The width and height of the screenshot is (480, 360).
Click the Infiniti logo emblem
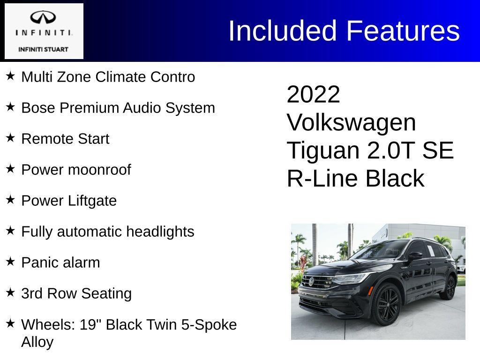coord(43,18)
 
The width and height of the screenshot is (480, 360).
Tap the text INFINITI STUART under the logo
coord(43,49)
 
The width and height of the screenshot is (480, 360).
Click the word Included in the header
coord(283,31)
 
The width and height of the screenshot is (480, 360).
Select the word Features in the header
coord(403,31)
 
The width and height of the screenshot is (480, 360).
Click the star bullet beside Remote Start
coord(10,138)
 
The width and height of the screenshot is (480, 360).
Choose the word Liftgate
coord(92,201)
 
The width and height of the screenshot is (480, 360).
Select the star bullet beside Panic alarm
coord(10,262)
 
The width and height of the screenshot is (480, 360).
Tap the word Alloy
coord(37,342)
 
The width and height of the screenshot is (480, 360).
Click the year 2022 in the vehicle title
coord(313,95)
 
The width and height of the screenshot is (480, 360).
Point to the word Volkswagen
coord(351,123)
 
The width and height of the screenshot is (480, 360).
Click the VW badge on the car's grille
coord(311,281)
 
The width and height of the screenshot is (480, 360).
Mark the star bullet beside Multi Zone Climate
coord(10,76)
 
